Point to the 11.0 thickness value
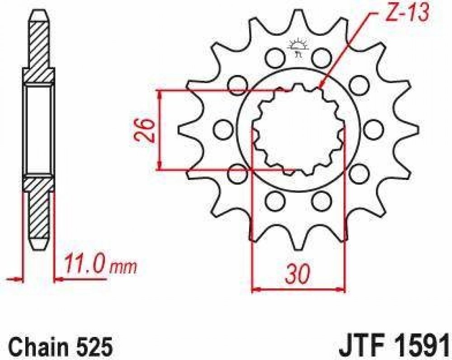85,264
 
